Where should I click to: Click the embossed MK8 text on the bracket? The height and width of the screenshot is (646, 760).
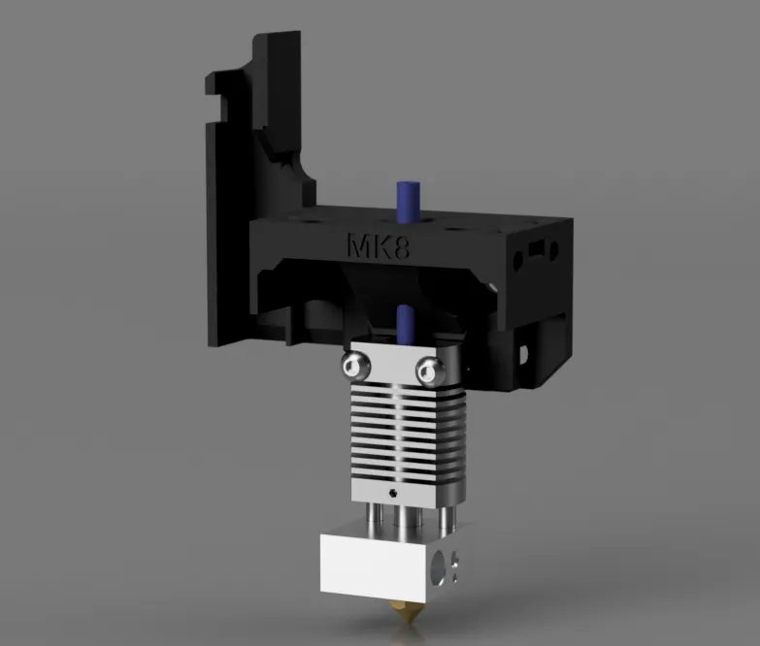[378, 245]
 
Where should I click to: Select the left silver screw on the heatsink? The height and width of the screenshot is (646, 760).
[354, 365]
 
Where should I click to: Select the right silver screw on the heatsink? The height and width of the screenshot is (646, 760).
[428, 368]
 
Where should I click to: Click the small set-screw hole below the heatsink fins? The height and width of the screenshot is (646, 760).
[392, 493]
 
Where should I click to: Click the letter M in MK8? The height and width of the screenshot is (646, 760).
[357, 245]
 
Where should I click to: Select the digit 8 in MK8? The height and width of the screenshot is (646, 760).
[399, 246]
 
